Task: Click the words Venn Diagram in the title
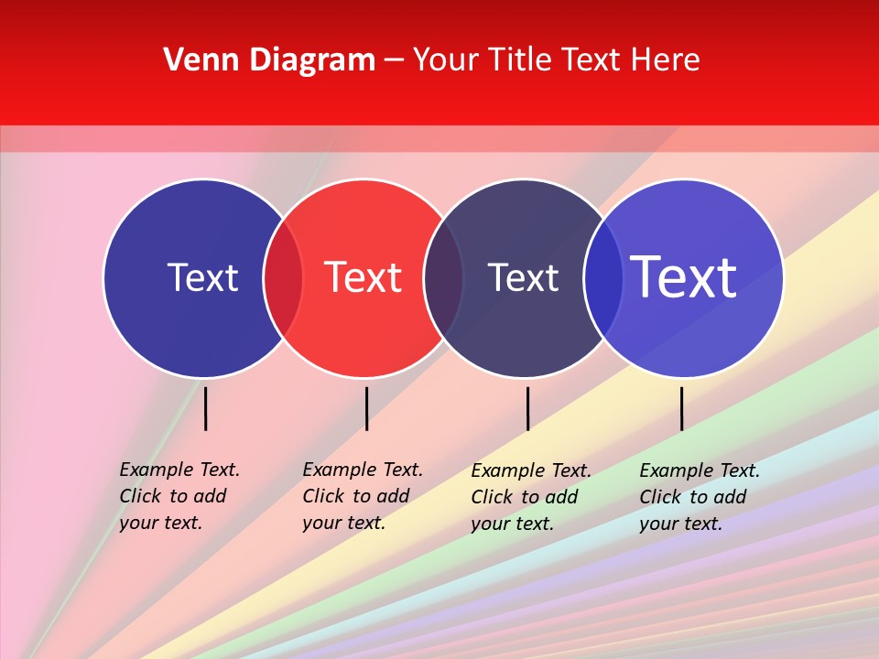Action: (269, 60)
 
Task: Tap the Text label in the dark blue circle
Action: (202, 277)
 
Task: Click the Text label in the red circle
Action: (363, 277)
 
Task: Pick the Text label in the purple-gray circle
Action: (523, 277)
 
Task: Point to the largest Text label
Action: (683, 277)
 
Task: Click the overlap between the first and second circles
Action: (283, 277)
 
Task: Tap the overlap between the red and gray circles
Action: (443, 277)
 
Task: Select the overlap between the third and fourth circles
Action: (603, 277)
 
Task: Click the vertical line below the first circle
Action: (206, 408)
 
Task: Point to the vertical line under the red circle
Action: (366, 408)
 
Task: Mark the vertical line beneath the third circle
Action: (527, 408)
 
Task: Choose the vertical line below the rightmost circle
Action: (681, 408)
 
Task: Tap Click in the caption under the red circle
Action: (322, 496)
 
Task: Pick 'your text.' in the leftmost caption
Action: (160, 523)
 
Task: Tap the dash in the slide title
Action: (394, 61)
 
